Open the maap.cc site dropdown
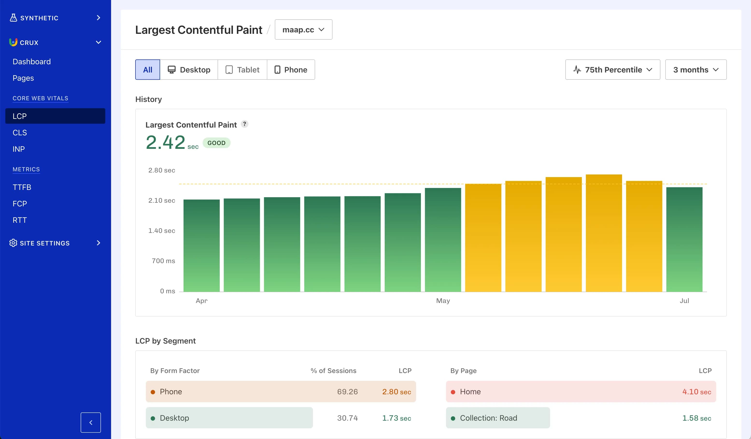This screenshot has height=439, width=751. [303, 29]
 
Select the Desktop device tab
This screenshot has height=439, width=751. [189, 70]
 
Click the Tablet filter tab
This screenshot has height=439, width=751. [242, 70]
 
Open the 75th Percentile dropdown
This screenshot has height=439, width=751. [612, 70]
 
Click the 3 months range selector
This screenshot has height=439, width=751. [695, 70]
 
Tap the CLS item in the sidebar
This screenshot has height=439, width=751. [20, 132]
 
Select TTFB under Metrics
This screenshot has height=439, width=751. [22, 187]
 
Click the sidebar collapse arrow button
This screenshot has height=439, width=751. [91, 422]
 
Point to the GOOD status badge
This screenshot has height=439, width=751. [216, 143]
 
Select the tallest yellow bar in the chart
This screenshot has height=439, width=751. [603, 233]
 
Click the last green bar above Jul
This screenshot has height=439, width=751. [684, 239]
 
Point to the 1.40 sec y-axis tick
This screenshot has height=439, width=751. [162, 230]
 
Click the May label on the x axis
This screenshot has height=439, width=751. [443, 301]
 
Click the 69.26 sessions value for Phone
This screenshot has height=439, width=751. [347, 392]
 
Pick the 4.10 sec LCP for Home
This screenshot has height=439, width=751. [696, 392]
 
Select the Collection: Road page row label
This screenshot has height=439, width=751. [488, 418]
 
